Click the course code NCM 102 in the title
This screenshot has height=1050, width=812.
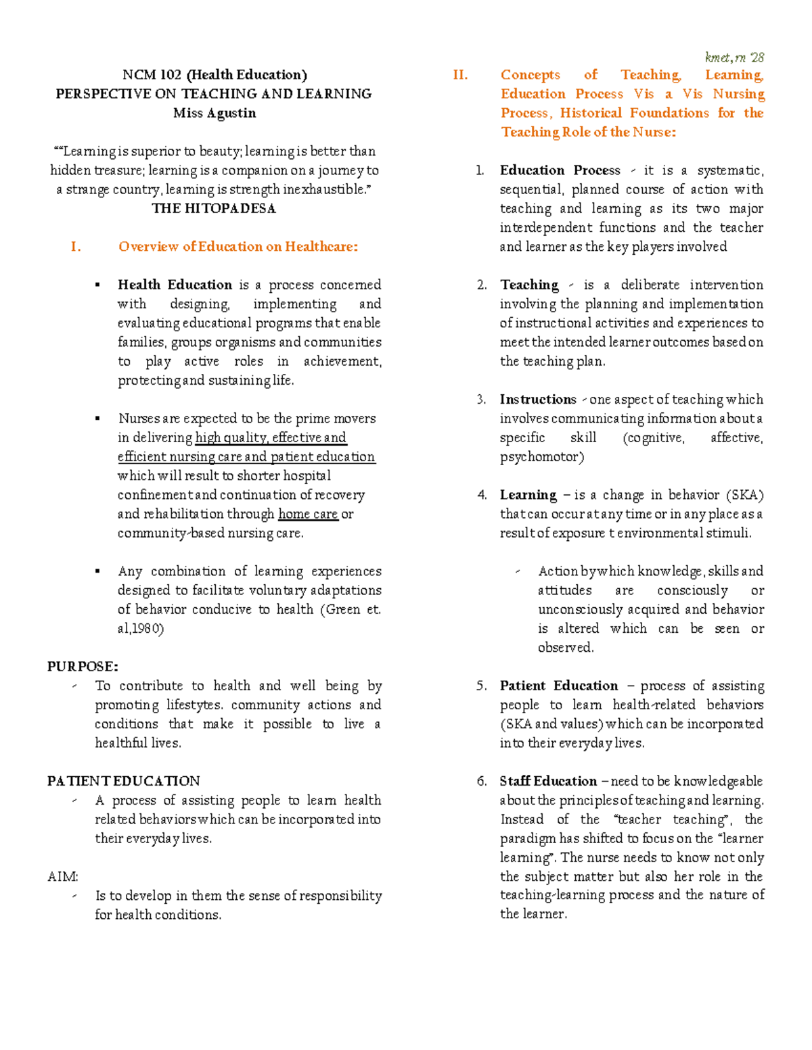[x=152, y=75]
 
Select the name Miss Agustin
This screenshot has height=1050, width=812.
[x=215, y=113]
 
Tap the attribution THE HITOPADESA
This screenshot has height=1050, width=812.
[x=214, y=208]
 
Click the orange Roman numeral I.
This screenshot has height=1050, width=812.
[x=76, y=247]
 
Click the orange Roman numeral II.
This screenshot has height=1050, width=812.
[x=460, y=75]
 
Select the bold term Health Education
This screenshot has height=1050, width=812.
[x=175, y=285]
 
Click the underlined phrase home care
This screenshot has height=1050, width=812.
[x=308, y=514]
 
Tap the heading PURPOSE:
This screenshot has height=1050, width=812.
[x=83, y=667]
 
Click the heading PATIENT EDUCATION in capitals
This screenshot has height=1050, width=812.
[x=124, y=781]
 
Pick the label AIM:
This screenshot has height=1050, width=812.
[x=63, y=877]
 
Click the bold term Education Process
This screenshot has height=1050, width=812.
[x=560, y=170]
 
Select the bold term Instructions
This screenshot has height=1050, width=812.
[x=538, y=400]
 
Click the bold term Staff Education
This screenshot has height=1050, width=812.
[x=548, y=781]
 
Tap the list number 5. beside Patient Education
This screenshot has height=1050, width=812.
[x=481, y=686]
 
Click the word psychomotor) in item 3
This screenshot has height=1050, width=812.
[x=541, y=457]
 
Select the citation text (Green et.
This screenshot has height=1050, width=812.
[x=353, y=609]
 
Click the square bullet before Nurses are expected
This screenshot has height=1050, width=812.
[x=98, y=419]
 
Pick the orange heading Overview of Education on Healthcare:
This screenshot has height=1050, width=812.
[x=238, y=247]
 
